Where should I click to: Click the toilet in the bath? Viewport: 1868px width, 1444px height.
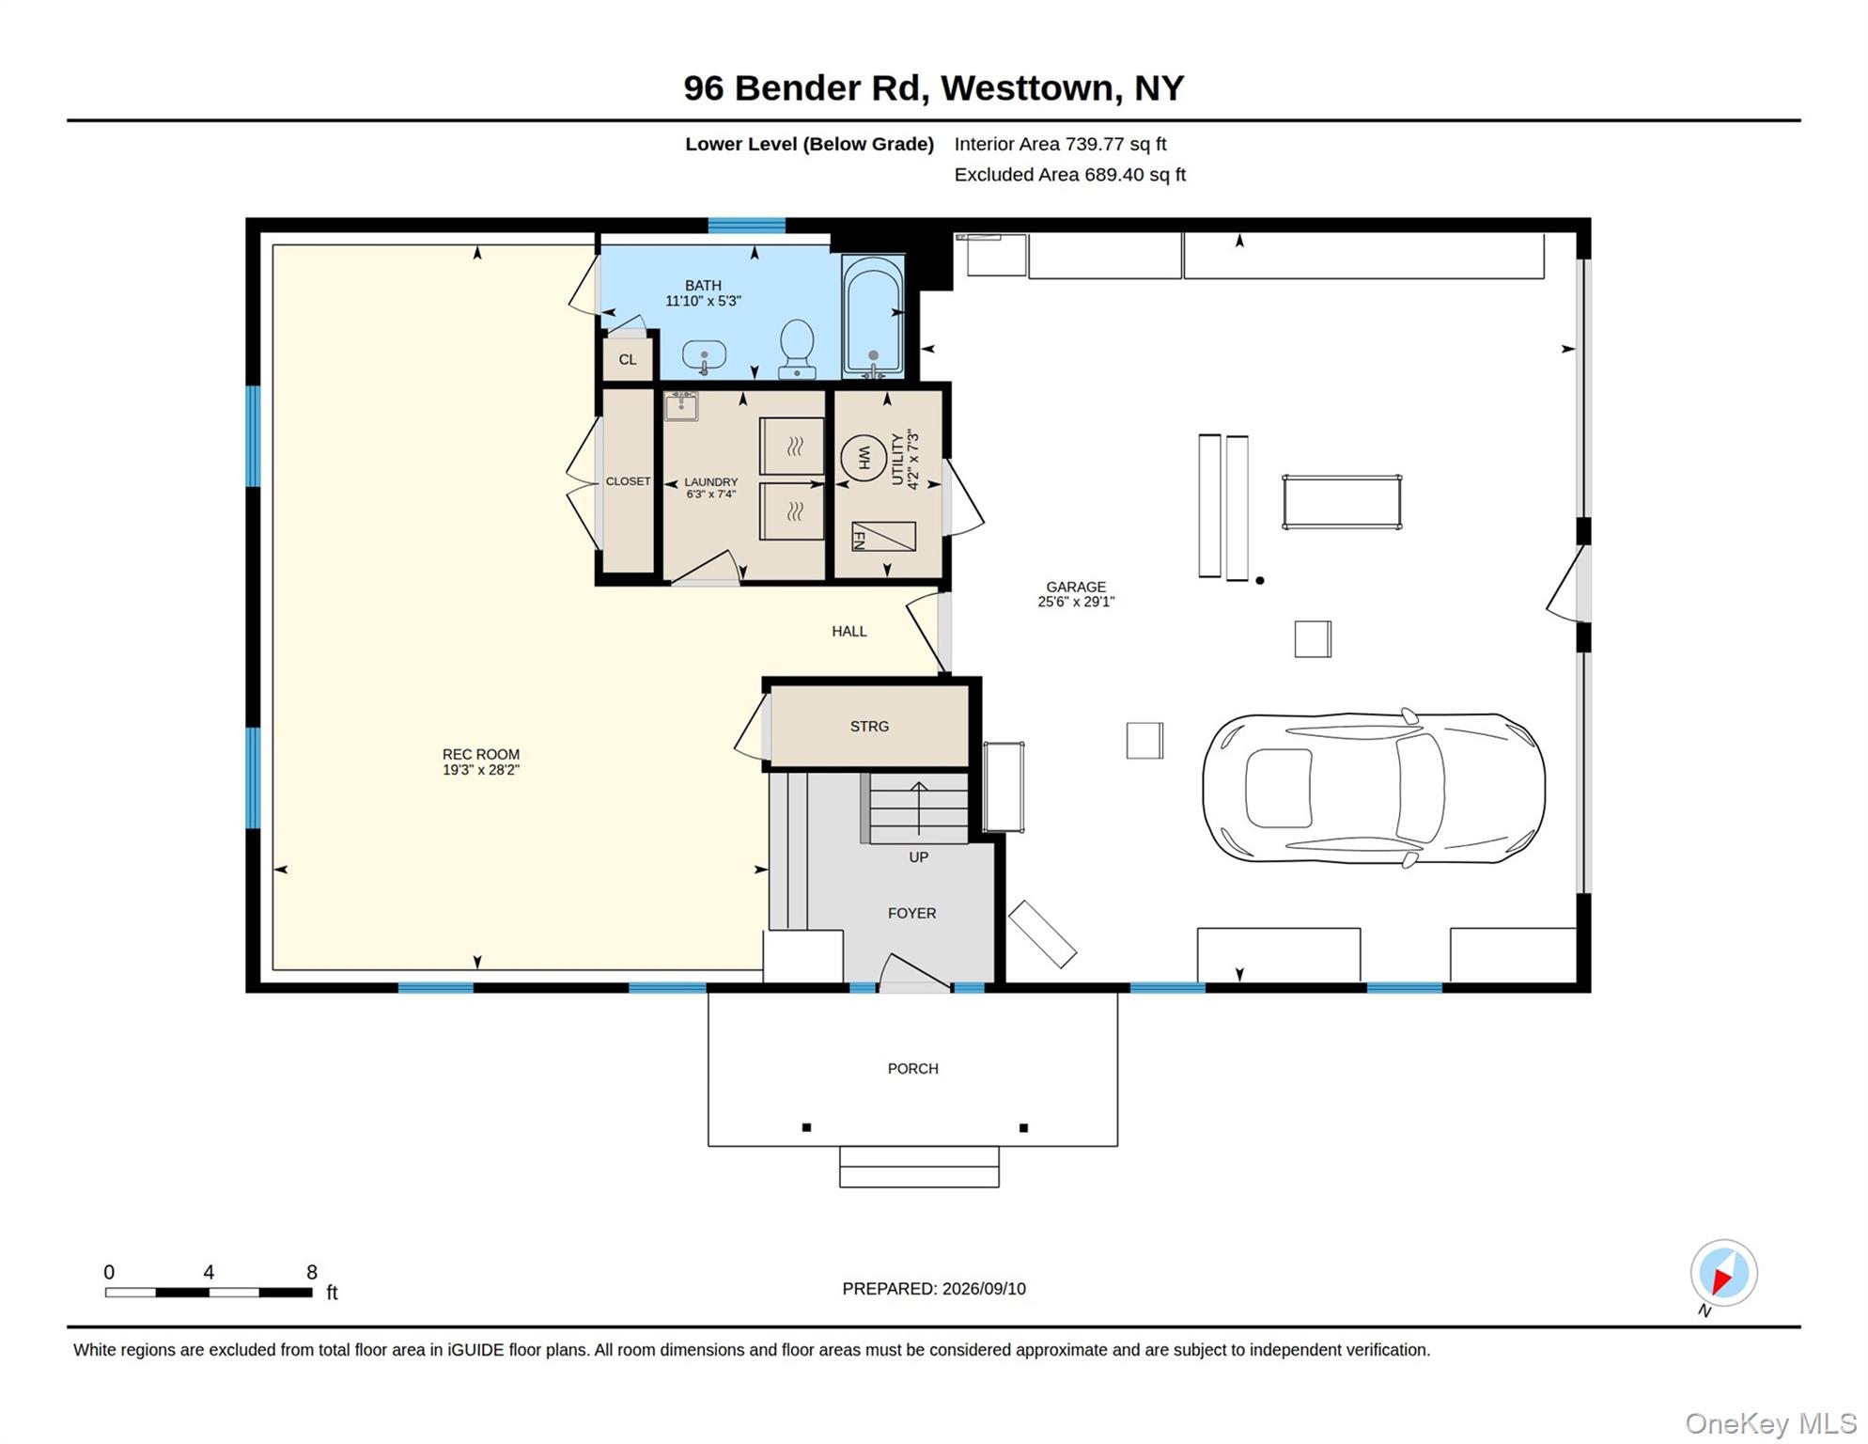797,349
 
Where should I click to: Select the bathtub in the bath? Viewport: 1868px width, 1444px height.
874,316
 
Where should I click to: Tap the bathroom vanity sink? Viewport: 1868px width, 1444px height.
704,356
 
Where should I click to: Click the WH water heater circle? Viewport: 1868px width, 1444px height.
864,458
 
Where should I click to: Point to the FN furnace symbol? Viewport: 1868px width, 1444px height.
883,537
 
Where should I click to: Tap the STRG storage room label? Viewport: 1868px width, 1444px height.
869,727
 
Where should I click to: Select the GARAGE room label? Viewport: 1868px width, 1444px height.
1076,587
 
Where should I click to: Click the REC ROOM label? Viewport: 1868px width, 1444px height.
481,754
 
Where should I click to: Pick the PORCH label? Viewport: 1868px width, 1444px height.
913,1069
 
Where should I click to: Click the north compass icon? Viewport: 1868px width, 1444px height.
1723,1274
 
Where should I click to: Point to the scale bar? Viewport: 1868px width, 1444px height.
209,1293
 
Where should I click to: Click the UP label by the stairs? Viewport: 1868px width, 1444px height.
919,857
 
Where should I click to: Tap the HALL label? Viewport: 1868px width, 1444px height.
849,632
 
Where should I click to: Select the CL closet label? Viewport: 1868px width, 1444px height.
628,360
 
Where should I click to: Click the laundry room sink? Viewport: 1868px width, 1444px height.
681,406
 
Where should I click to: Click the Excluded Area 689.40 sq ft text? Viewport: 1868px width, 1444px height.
1070,175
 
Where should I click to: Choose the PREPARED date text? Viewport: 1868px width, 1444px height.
934,1289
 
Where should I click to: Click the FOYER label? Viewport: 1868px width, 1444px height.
911,914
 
